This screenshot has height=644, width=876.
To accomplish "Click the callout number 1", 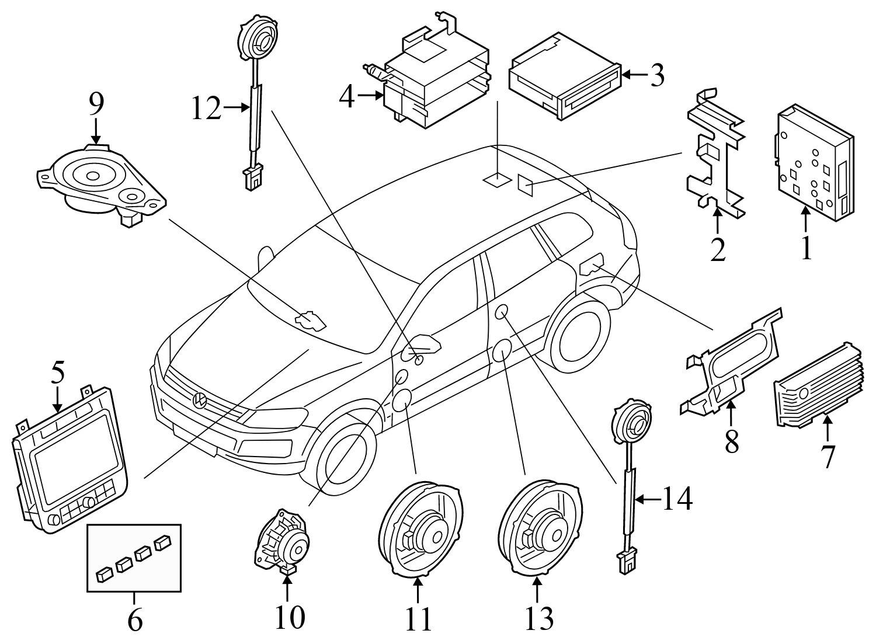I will [x=806, y=247].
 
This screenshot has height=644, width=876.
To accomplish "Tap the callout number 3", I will [x=658, y=75].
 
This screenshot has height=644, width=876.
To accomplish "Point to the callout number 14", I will [x=677, y=499].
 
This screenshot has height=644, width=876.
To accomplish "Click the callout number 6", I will [x=134, y=621].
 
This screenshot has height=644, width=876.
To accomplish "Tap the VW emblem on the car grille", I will [x=200, y=401].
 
